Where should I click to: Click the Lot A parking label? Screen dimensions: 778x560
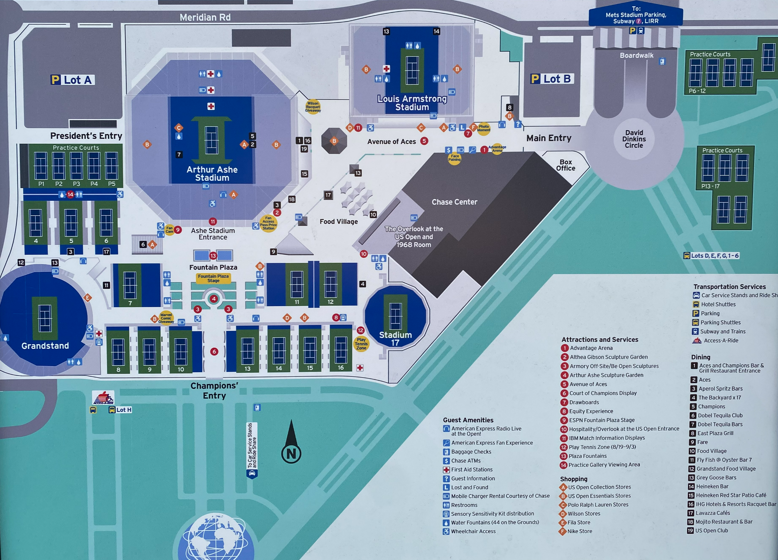pyautogui.click(x=72, y=80)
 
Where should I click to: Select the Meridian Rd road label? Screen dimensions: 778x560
pyautogui.click(x=205, y=17)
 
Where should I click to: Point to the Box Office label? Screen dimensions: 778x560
pyautogui.click(x=566, y=165)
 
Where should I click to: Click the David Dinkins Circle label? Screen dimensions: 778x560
pyautogui.click(x=634, y=139)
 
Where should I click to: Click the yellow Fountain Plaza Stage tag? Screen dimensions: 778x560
pyautogui.click(x=213, y=278)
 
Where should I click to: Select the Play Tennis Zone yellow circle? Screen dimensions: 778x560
pyautogui.click(x=361, y=344)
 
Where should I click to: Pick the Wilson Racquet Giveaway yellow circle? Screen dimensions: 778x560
pyautogui.click(x=313, y=107)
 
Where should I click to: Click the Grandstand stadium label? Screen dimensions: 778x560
pyautogui.click(x=45, y=346)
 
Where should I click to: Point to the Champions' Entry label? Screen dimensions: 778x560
pyautogui.click(x=214, y=390)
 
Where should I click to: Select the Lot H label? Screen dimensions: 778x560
pyautogui.click(x=123, y=410)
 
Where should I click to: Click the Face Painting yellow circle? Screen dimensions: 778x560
pyautogui.click(x=455, y=158)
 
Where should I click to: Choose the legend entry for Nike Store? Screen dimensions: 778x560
pyautogui.click(x=579, y=531)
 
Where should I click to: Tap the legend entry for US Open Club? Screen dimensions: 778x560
pyautogui.click(x=711, y=530)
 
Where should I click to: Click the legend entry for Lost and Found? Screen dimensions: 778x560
pyautogui.click(x=469, y=487)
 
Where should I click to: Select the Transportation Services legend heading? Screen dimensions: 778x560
pyautogui.click(x=729, y=286)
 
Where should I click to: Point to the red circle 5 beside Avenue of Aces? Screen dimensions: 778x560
pyautogui.click(x=424, y=141)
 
